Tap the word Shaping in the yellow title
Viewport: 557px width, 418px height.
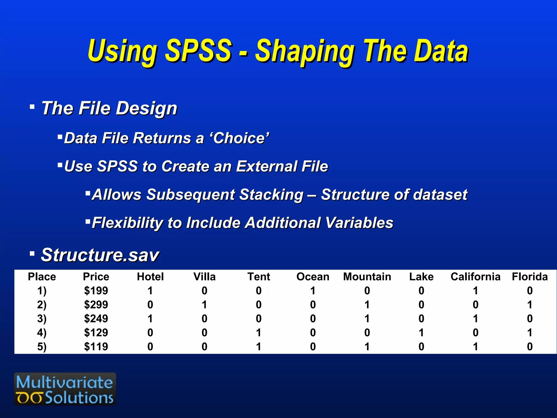[x=305, y=52]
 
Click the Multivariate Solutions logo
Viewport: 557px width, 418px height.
[x=65, y=389]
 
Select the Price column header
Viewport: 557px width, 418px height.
[x=96, y=277]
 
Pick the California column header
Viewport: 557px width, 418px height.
[x=475, y=277]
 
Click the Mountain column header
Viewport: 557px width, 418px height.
[x=367, y=277]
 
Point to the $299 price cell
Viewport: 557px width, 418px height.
[x=96, y=305]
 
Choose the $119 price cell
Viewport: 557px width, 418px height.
[x=96, y=347]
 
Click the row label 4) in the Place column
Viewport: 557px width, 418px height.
[x=42, y=333]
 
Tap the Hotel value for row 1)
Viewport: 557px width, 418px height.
[x=150, y=291]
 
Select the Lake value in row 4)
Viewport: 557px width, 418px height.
[x=421, y=333]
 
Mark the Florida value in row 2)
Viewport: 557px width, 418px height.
[x=530, y=305]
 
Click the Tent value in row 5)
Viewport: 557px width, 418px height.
[x=259, y=347]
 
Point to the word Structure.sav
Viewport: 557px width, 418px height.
[x=100, y=255]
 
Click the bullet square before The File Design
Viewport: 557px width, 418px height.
[x=32, y=107]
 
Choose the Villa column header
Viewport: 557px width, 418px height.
[x=205, y=277]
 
